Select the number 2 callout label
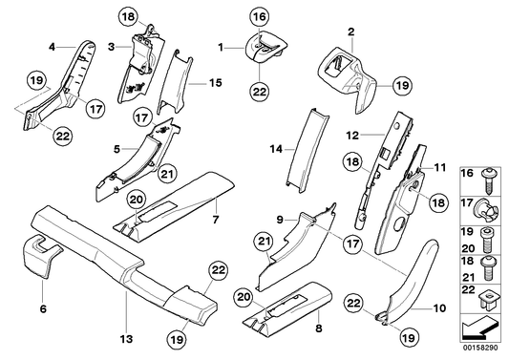pyautogui.click(x=351, y=32)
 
